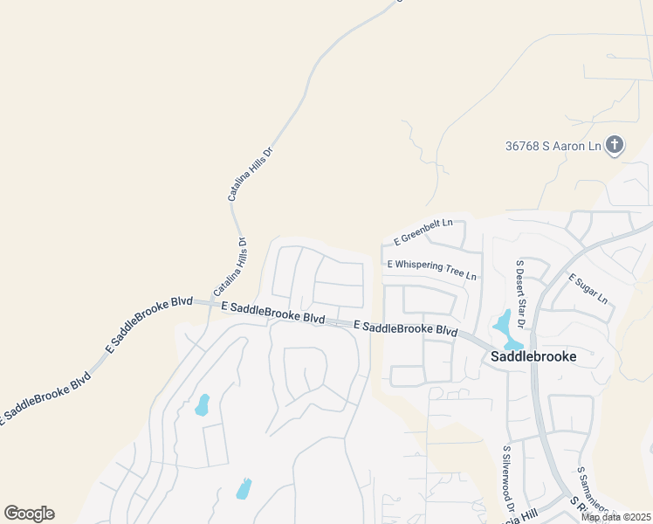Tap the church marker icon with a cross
(615, 145)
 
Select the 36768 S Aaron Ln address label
(553, 146)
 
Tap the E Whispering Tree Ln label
(432, 269)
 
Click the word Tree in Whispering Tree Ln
(456, 272)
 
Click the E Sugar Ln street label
(588, 289)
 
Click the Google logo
(29, 514)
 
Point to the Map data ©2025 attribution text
(615, 517)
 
